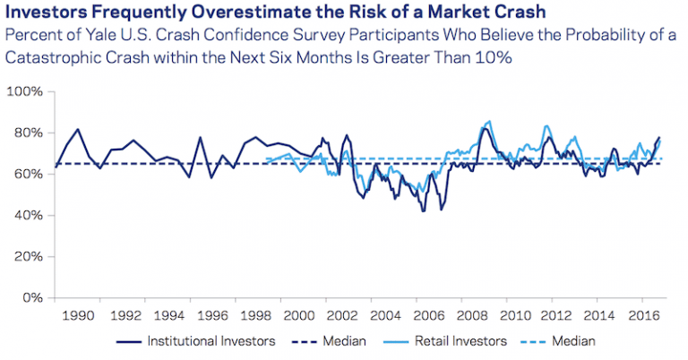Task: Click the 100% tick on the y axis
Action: point(24,92)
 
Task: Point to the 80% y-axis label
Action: point(27,133)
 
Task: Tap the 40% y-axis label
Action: point(27,216)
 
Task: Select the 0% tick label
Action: point(30,297)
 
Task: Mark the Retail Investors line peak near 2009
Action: point(488,121)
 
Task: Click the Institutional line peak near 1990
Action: point(77,129)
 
